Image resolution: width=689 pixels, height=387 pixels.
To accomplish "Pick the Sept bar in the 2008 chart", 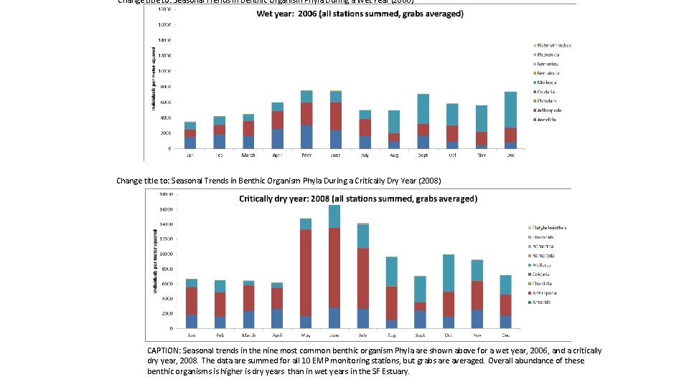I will point(421,302).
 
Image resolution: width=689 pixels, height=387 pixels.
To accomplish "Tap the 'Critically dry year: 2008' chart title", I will point(358,198).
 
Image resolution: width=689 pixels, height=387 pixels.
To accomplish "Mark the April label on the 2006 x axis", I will point(278,155).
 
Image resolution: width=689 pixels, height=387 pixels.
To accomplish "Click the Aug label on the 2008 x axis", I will point(391,335).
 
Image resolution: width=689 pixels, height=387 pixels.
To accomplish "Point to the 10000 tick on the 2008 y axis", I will point(166,254).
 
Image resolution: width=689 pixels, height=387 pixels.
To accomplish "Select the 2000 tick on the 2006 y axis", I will point(164,133).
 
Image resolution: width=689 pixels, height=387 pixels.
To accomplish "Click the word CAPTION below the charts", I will point(164,350).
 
